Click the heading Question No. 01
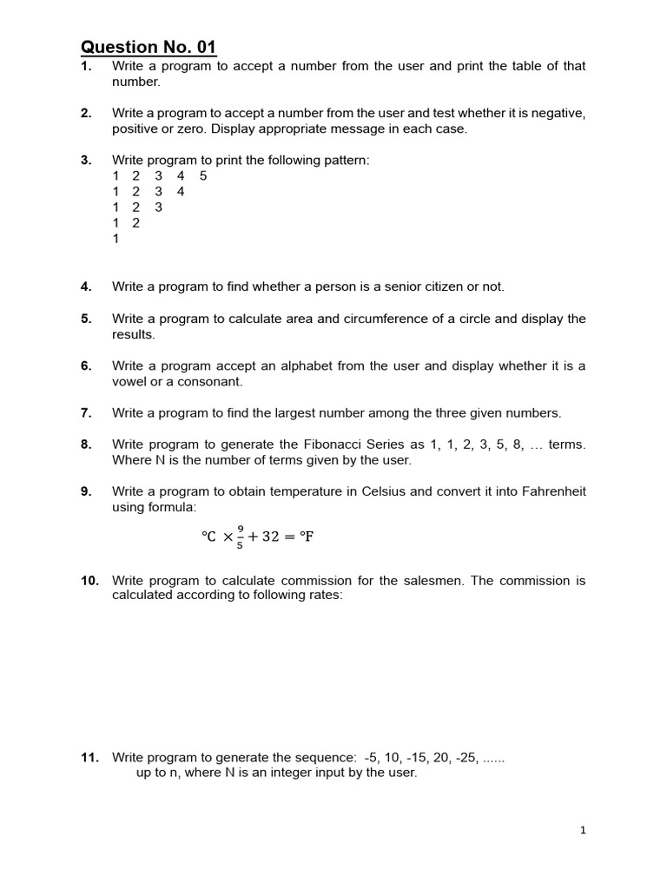coord(149,46)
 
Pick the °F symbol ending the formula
coord(305,537)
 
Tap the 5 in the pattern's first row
coord(203,176)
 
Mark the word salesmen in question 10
coord(434,580)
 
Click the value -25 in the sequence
coord(461,758)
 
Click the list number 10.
coord(89,580)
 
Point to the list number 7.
coord(86,413)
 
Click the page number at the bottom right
coord(583,831)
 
